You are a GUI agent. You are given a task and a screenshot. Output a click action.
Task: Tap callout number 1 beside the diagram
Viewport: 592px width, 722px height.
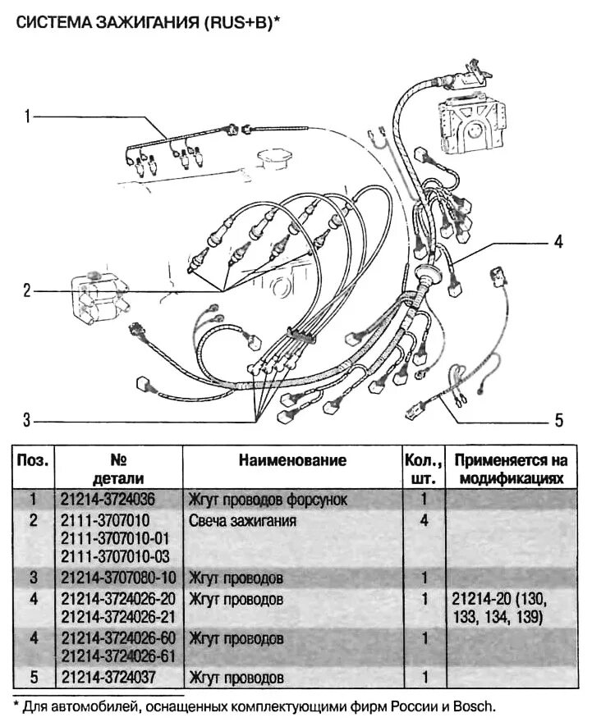27,117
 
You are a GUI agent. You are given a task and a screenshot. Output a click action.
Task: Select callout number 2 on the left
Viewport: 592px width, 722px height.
27,290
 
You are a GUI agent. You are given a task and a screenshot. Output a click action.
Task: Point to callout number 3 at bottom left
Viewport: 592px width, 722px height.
27,420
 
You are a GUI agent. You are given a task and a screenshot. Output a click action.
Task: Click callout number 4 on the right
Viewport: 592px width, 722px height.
558,241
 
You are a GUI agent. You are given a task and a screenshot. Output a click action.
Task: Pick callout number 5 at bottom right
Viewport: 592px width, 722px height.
559,420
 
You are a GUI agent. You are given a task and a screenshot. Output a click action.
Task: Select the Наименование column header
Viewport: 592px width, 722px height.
292,460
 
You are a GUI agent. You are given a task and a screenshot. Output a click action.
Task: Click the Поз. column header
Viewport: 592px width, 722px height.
33,460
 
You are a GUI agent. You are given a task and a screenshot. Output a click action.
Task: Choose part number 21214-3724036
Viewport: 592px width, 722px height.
108,499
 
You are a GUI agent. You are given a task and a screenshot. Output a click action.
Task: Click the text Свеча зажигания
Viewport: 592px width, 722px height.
242,521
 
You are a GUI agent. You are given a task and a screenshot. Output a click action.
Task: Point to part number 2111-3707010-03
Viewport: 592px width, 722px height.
115,557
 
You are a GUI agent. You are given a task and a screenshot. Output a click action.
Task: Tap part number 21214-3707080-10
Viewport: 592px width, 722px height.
118,578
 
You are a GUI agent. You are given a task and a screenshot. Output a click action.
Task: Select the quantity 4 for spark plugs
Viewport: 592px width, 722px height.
424,521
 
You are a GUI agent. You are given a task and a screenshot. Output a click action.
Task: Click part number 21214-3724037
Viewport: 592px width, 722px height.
108,678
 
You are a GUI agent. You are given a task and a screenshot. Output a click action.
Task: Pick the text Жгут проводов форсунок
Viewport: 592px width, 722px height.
268,500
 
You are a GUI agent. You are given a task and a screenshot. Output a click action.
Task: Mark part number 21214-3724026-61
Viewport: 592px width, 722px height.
118,656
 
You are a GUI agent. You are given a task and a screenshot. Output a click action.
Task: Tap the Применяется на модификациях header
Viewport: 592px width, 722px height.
512,469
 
